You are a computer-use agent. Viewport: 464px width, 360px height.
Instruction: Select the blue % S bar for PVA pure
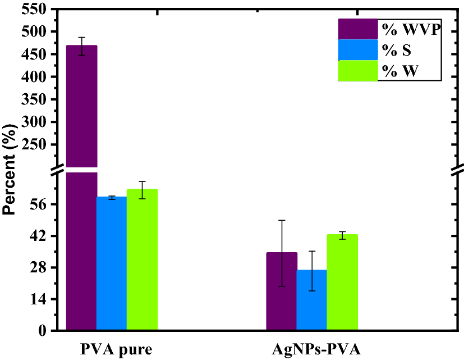pyautogui.click(x=112, y=264)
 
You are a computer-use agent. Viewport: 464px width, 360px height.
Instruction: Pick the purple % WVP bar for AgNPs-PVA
pyautogui.click(x=282, y=292)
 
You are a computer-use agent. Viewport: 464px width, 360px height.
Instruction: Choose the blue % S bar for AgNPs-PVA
pyautogui.click(x=312, y=300)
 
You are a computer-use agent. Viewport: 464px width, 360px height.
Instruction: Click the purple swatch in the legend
pyautogui.click(x=357, y=29)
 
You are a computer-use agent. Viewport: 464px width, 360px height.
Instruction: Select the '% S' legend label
pyautogui.click(x=397, y=51)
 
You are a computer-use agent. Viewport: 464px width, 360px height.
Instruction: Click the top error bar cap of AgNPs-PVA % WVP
pyautogui.click(x=282, y=220)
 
